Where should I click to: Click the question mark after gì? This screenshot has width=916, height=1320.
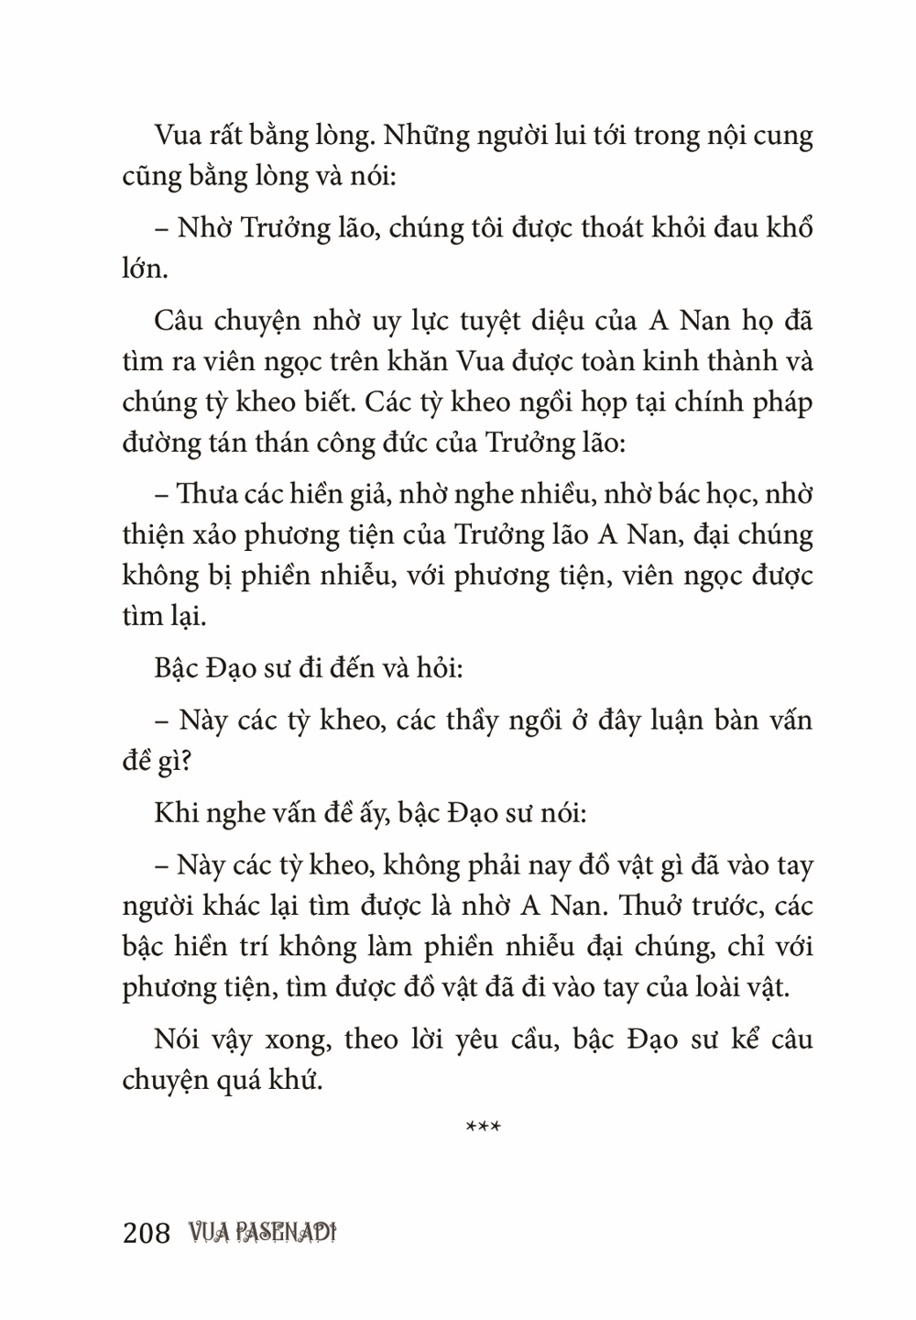pos(196,760)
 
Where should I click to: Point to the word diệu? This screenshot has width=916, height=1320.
pos(565,322)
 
